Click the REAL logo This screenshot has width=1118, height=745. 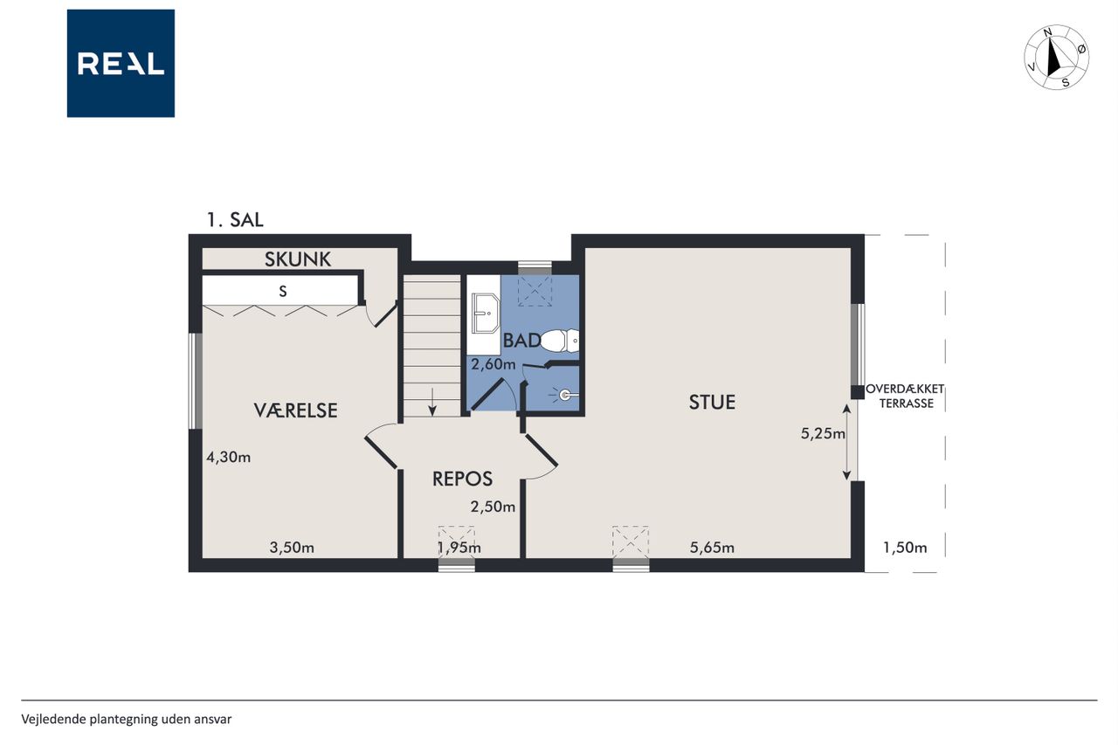[x=121, y=64]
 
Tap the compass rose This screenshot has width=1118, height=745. [x=1057, y=58]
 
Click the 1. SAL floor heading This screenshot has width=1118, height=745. [x=235, y=219]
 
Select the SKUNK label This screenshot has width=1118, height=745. [x=298, y=259]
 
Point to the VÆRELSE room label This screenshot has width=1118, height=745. [x=296, y=410]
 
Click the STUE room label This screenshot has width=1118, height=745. [x=712, y=402]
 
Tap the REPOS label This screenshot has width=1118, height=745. [x=462, y=479]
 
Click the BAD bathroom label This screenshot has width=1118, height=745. [x=521, y=341]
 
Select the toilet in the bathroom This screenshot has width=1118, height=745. [x=560, y=341]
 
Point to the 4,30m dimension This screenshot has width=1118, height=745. [x=229, y=457]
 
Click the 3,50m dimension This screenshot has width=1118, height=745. [x=292, y=548]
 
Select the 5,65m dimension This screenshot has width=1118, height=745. [x=712, y=548]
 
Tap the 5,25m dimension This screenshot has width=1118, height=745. [x=823, y=433]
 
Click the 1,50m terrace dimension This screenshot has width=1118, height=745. [x=905, y=548]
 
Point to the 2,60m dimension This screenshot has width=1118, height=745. [x=493, y=364]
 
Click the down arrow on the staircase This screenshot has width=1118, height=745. [x=432, y=402]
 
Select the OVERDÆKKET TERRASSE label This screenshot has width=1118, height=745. [x=905, y=397]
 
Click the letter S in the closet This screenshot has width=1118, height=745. [x=283, y=292]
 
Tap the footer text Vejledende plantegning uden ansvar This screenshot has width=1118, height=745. [x=127, y=720]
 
